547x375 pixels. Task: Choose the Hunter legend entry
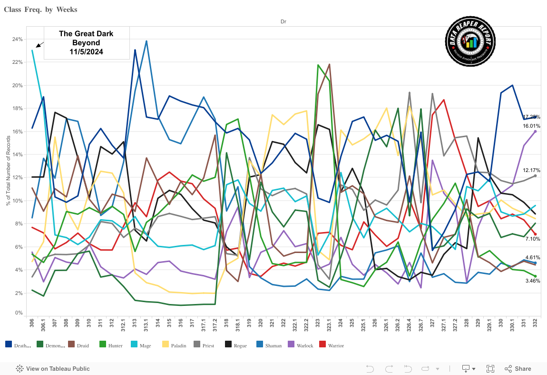(x=111, y=345)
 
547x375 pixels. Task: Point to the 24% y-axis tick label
(x=17, y=39)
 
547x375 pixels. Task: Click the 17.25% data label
(x=531, y=117)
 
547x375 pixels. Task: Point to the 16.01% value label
(x=531, y=126)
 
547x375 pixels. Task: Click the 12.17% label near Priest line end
(x=531, y=170)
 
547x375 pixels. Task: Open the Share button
(x=518, y=368)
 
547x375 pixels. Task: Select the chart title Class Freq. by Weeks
(x=40, y=10)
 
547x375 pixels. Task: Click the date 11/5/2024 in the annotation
(x=86, y=51)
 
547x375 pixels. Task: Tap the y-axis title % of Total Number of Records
(x=8, y=176)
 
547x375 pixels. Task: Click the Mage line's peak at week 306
(x=32, y=50)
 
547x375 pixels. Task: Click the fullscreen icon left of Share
(x=490, y=368)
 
